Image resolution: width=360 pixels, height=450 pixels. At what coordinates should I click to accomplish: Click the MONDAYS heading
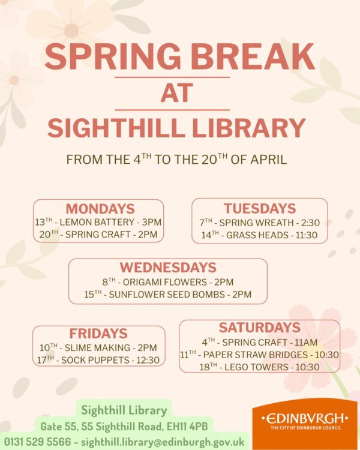click(x=100, y=209)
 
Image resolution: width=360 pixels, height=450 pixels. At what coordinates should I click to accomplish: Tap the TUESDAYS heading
click(x=260, y=208)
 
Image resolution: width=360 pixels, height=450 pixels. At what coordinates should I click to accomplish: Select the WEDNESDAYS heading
click(x=168, y=268)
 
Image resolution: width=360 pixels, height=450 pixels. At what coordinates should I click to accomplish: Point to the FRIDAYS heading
click(x=98, y=334)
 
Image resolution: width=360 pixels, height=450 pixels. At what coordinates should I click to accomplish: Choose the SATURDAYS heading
click(x=259, y=328)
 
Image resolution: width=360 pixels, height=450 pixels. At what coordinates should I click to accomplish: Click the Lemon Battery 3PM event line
click(x=98, y=222)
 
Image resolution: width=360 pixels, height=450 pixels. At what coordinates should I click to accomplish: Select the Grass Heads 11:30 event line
click(x=259, y=235)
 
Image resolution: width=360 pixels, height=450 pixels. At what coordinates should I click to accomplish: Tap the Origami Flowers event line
click(x=168, y=281)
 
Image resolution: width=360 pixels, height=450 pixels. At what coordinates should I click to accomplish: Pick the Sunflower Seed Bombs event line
click(x=168, y=295)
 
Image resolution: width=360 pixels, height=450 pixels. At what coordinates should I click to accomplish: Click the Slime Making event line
click(x=98, y=347)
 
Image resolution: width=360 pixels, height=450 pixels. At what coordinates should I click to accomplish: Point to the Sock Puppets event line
click(x=98, y=361)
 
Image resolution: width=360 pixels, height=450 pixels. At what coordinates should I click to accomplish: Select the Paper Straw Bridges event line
click(x=259, y=355)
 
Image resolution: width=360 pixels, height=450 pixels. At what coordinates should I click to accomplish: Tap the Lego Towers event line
click(x=259, y=367)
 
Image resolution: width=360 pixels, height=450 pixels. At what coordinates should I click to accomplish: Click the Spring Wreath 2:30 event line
click(x=259, y=222)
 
